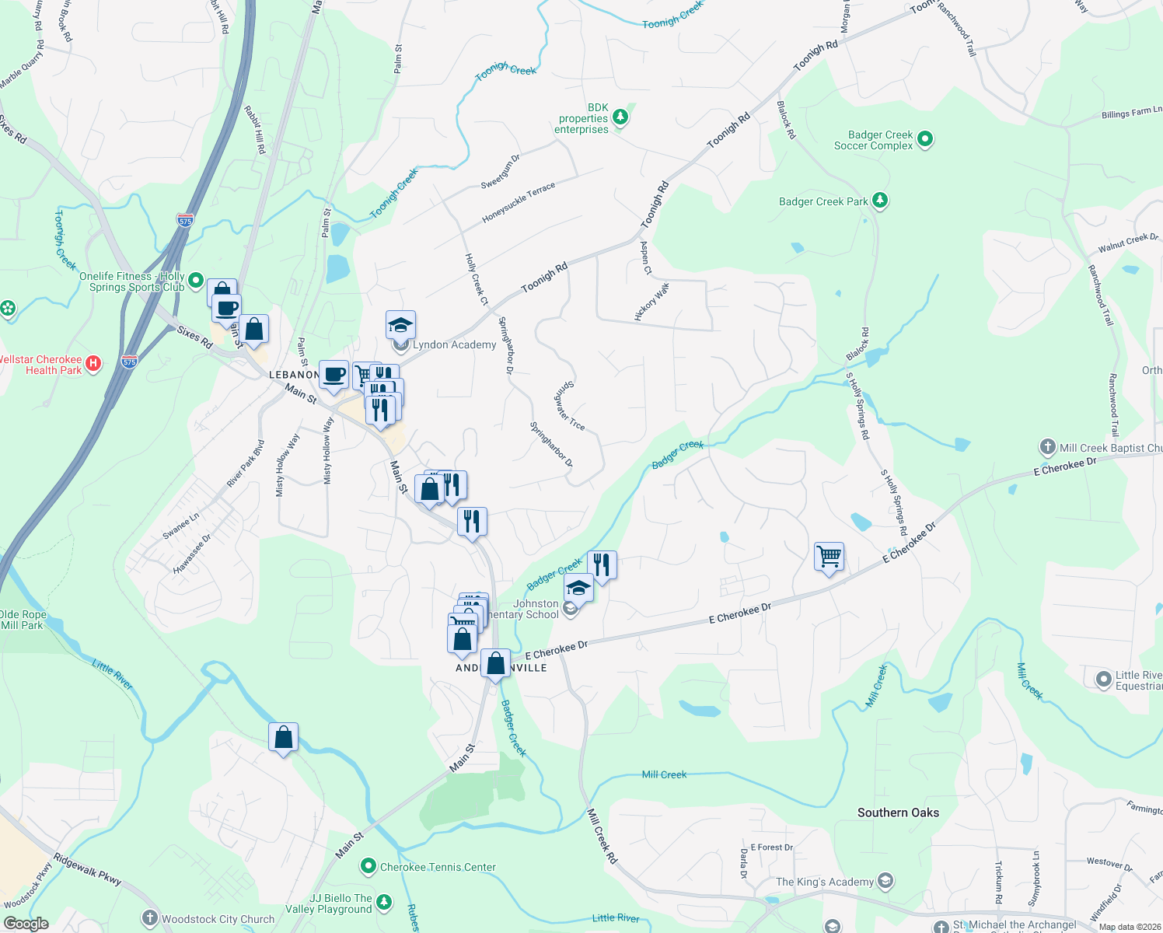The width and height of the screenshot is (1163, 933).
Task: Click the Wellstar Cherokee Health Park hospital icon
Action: point(93,363)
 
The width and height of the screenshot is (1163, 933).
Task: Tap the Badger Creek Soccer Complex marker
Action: point(925,140)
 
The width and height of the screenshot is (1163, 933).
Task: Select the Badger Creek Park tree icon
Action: point(879,201)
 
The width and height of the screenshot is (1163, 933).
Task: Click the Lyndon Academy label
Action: point(454,344)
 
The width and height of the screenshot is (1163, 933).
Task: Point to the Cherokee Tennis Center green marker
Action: point(368,865)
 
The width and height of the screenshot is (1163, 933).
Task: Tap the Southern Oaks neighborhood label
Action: point(898,812)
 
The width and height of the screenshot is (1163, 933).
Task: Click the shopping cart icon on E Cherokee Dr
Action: point(829,557)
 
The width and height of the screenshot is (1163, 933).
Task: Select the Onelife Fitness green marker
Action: point(196,280)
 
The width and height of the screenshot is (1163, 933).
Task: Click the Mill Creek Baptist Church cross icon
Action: point(1047,447)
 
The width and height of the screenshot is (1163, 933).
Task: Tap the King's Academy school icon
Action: point(885,881)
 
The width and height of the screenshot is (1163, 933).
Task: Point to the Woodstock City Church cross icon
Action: point(149,918)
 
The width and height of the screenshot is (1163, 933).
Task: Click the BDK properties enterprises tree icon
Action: point(620,117)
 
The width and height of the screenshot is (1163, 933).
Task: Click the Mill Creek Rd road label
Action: point(602,836)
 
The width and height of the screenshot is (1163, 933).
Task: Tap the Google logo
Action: point(26,924)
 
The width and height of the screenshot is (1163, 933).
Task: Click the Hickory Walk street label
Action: point(651,302)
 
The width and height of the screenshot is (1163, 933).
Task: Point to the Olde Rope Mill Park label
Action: point(23,620)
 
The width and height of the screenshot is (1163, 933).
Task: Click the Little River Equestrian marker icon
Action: point(1103,680)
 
